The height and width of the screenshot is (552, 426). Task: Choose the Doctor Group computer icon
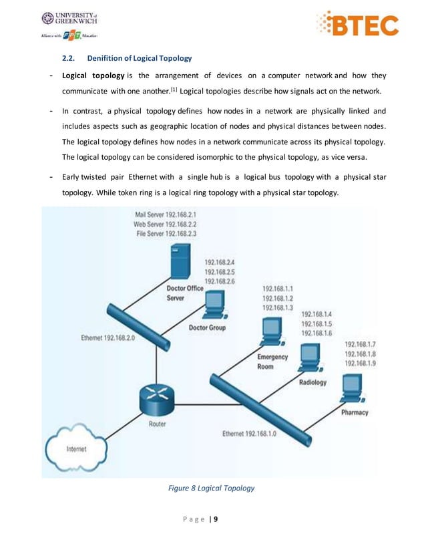tap(216, 307)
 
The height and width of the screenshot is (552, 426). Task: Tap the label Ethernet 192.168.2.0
tap(108, 338)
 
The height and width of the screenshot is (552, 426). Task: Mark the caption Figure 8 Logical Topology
tap(211, 489)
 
